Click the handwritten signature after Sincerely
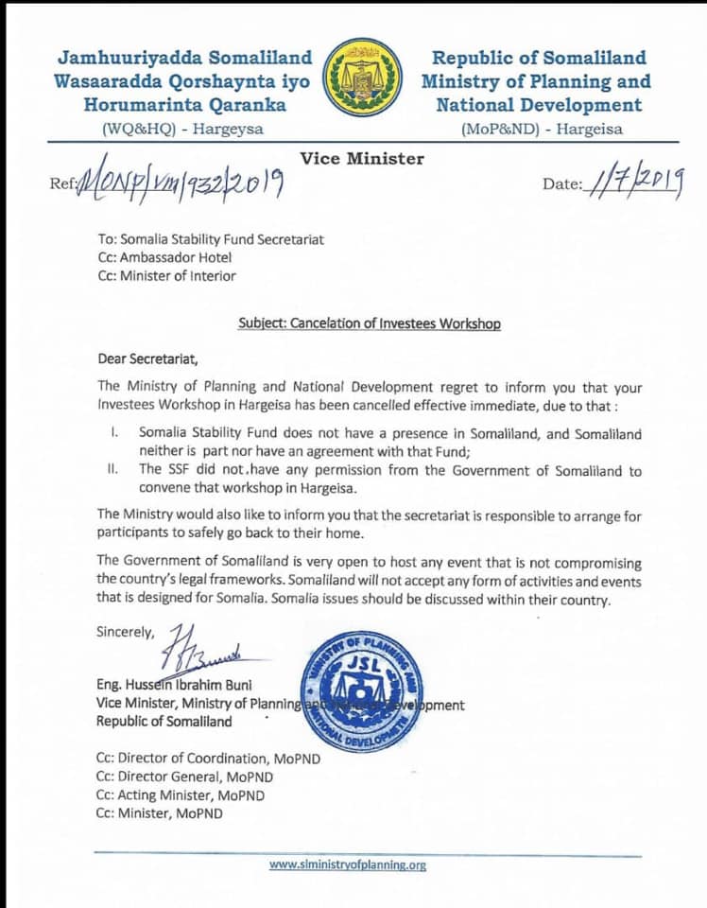click(x=204, y=650)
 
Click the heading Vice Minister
click(x=362, y=158)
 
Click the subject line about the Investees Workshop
click(x=370, y=323)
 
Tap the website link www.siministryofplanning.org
click(x=348, y=864)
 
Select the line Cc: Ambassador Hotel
click(x=164, y=257)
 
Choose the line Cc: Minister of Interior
click(x=167, y=276)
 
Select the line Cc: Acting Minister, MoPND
click(x=180, y=795)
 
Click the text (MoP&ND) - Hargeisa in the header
click(x=542, y=130)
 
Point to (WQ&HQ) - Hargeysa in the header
click(x=182, y=130)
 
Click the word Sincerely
click(x=129, y=630)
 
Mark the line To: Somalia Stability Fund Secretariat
click(x=211, y=239)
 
